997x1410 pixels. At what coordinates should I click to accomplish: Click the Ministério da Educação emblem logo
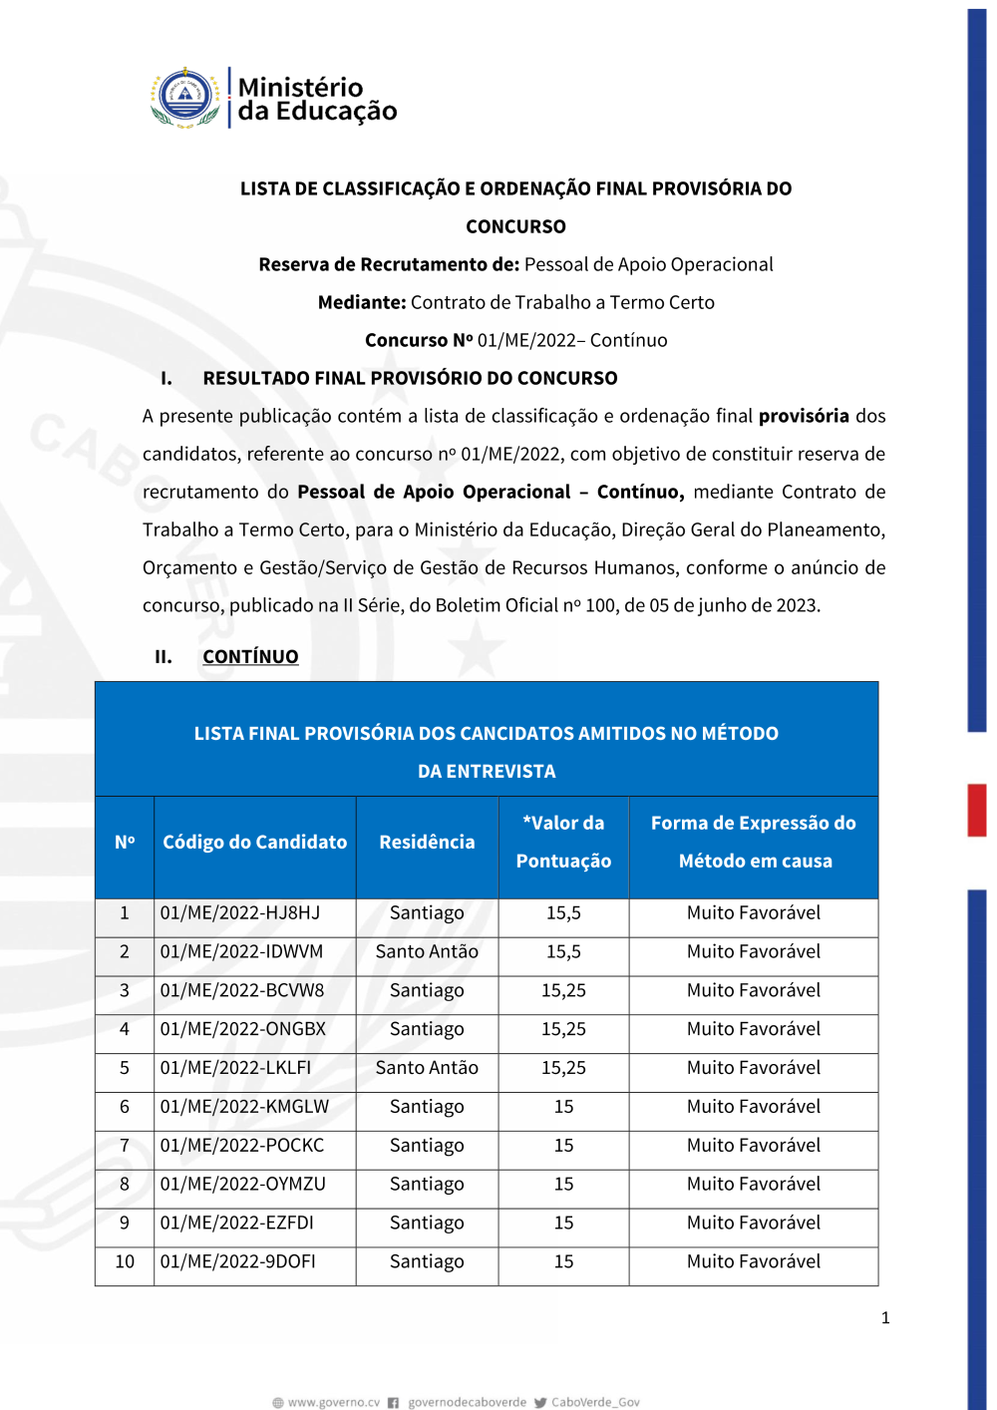pos(185,98)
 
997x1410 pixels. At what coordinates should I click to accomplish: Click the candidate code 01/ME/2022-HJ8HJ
pos(240,913)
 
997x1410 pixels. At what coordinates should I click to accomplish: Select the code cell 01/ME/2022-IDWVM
pos(241,952)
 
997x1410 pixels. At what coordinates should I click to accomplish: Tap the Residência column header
pos(427,843)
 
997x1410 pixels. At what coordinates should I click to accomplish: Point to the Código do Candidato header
pos(255,843)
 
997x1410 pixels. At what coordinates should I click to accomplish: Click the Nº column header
pos(125,843)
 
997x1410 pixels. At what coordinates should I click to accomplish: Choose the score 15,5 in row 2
pos(563,952)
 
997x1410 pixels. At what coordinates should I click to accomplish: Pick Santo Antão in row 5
pos(427,1068)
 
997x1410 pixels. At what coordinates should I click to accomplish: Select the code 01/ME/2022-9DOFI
pos(238,1262)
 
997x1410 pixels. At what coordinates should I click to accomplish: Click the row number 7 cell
pos(125,1146)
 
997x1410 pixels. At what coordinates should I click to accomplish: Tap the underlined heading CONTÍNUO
pos(250,657)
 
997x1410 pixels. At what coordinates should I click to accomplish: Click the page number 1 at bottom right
pos(885,1318)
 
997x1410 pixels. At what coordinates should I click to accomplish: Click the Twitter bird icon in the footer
pos(540,1403)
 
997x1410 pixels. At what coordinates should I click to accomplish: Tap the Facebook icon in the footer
pos(394,1403)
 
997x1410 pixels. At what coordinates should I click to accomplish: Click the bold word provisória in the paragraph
pos(804,416)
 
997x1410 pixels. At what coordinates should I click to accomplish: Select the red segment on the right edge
pos(977,810)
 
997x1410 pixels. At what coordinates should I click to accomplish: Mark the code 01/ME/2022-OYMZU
pos(243,1185)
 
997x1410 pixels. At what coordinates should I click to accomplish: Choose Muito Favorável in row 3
pos(754,991)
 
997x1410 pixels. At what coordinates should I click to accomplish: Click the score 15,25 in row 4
pos(563,1029)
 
